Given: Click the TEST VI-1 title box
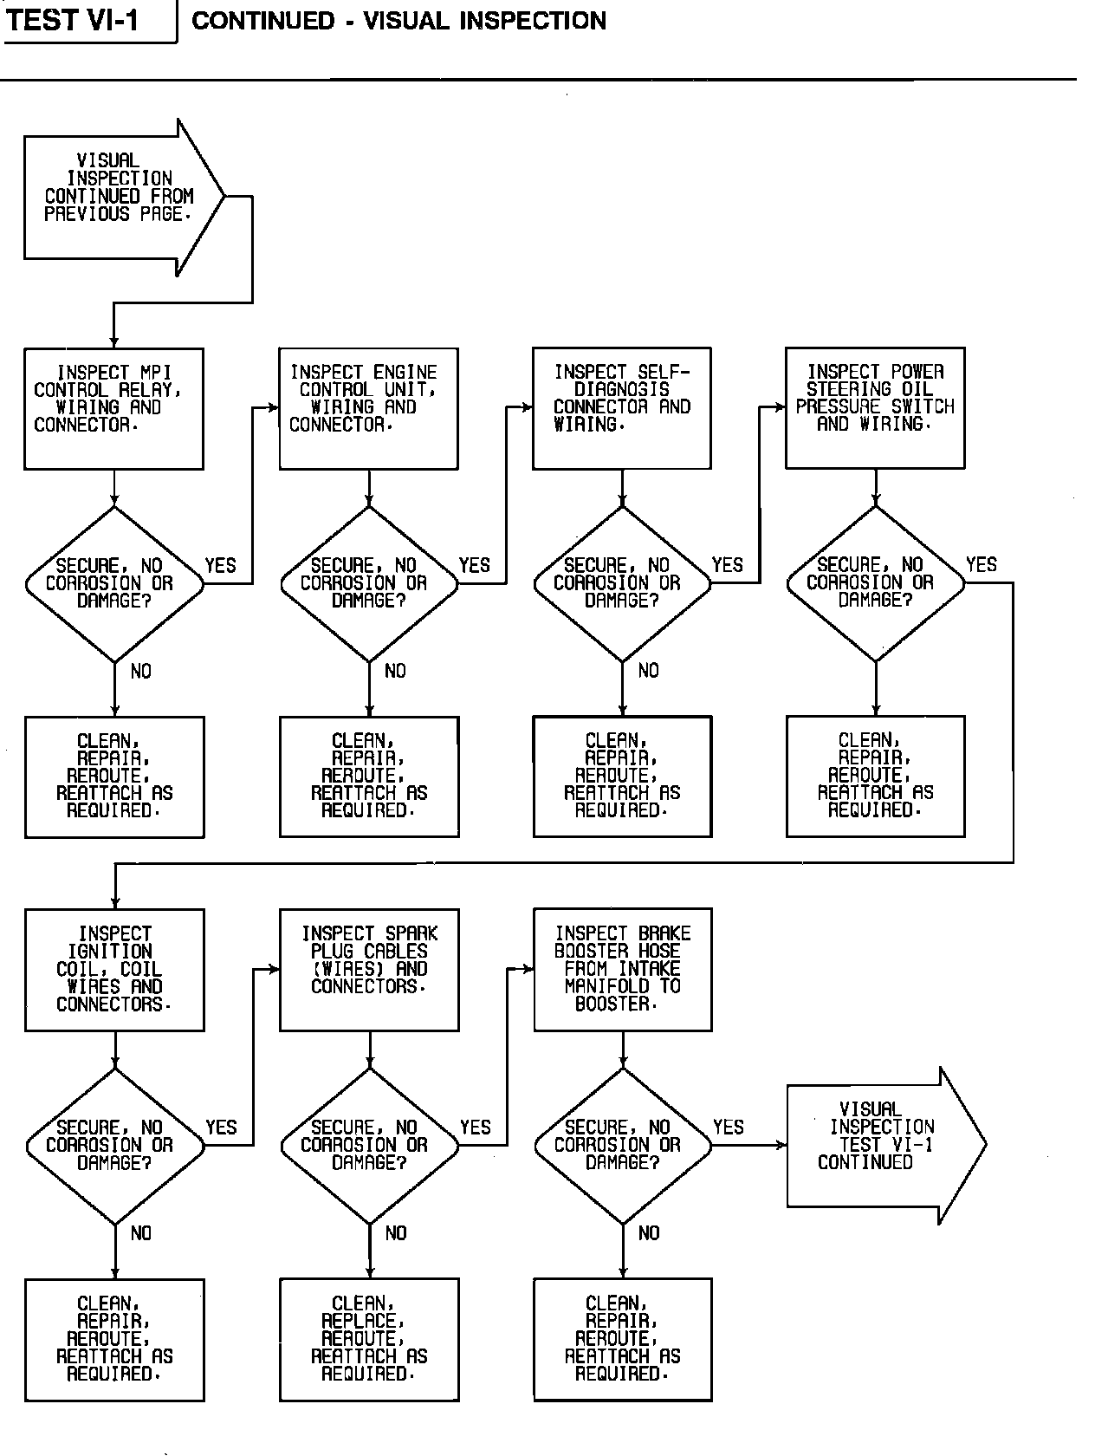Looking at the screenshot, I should pyautogui.click(x=87, y=21).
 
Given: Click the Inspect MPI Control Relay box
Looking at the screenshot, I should pyautogui.click(x=113, y=408).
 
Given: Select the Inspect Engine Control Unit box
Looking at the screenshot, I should pyautogui.click(x=368, y=408).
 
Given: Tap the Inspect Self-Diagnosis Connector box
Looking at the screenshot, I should pyautogui.click(x=622, y=408).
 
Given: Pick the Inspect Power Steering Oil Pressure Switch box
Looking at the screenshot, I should pyautogui.click(x=875, y=408).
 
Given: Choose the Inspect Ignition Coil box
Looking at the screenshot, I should pyautogui.click(x=114, y=969).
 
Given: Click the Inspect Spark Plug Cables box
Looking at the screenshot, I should pyautogui.click(x=369, y=969).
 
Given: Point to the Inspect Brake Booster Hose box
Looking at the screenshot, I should pyautogui.click(x=623, y=969).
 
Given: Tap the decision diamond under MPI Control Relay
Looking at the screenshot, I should pyautogui.click(x=114, y=583).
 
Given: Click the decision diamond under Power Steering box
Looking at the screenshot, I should pyautogui.click(x=875, y=583).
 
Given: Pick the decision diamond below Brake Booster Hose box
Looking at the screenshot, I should pyautogui.click(x=623, y=1145).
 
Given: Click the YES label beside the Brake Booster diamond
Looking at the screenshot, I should pyautogui.click(x=729, y=1127).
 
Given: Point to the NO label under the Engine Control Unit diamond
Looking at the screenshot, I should pyautogui.click(x=395, y=671).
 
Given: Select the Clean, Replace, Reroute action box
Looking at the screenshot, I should pyautogui.click(x=369, y=1339).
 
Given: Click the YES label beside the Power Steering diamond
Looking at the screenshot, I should pyautogui.click(x=982, y=565).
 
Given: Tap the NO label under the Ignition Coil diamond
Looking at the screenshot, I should pyautogui.click(x=141, y=1232).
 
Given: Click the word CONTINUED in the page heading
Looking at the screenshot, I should pyautogui.click(x=262, y=21).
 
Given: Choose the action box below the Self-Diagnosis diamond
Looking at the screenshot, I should pyautogui.click(x=622, y=777).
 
